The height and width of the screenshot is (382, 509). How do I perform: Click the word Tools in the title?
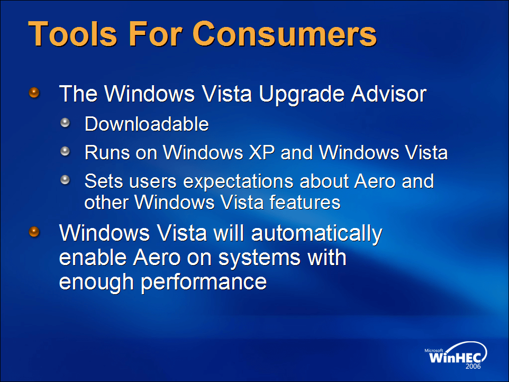(72, 34)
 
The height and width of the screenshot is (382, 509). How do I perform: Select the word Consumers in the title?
(285, 34)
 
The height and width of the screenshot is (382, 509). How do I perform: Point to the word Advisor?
(388, 94)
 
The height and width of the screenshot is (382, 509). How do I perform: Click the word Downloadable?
(147, 124)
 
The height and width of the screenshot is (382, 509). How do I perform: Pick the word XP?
(261, 152)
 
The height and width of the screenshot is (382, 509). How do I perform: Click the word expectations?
(238, 182)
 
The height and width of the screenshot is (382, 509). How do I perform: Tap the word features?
(305, 203)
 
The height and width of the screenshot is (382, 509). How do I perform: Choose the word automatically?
(317, 234)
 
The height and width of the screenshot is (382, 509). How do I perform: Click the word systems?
(259, 258)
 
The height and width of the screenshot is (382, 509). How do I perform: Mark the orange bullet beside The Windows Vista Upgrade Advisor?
(34, 93)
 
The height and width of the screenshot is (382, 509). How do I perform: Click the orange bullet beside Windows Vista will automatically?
(34, 232)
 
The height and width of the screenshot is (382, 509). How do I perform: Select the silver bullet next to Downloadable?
(65, 122)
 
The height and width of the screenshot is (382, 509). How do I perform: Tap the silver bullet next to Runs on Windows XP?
(65, 151)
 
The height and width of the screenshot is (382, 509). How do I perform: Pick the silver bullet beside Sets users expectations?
(65, 179)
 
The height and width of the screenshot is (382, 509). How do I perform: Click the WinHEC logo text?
(455, 358)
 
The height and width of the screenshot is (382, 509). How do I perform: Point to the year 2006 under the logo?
(473, 367)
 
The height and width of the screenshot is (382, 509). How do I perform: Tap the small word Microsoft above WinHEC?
(434, 350)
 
